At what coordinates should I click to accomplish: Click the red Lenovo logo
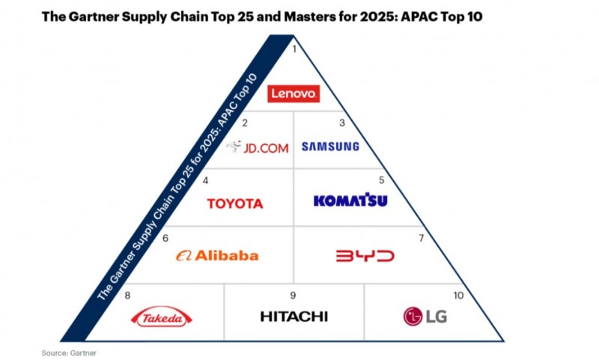(x=294, y=94)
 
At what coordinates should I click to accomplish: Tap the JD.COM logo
(x=257, y=147)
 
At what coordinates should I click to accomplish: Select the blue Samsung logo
(x=330, y=146)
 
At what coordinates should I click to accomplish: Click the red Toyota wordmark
(x=235, y=204)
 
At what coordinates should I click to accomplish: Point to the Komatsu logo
(x=350, y=200)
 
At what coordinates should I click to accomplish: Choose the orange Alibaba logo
(x=217, y=255)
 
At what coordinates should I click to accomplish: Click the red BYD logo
(x=365, y=256)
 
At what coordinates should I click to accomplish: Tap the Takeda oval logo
(x=162, y=317)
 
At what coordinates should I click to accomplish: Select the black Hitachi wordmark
(x=294, y=317)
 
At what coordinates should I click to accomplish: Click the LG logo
(x=425, y=317)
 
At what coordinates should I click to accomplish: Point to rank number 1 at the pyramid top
(x=294, y=49)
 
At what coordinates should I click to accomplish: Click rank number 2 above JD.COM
(x=245, y=123)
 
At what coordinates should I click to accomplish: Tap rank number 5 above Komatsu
(x=381, y=180)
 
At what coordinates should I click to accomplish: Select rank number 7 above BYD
(x=421, y=238)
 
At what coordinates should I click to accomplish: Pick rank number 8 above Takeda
(x=127, y=296)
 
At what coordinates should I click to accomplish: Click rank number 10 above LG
(x=458, y=296)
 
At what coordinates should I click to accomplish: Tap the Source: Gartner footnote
(x=69, y=353)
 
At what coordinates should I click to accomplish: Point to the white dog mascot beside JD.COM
(x=234, y=146)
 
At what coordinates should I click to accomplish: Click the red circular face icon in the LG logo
(x=413, y=317)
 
